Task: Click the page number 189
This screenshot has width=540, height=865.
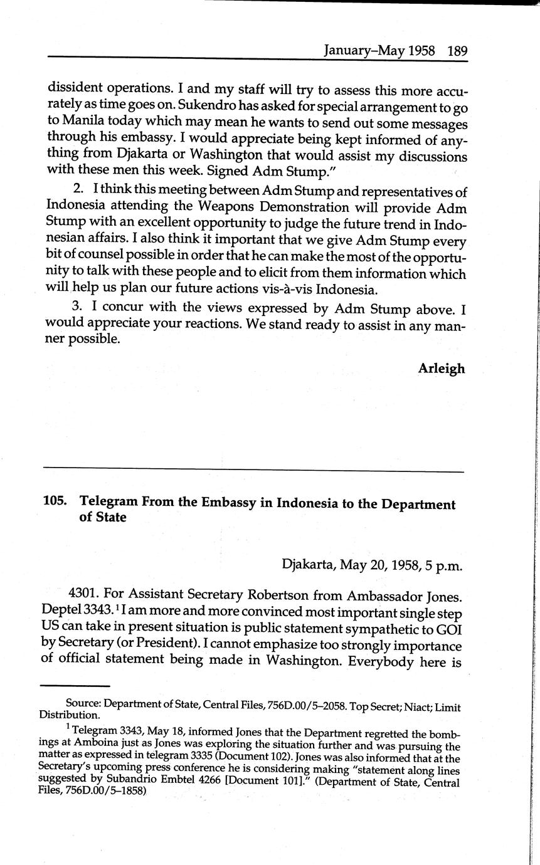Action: point(457,51)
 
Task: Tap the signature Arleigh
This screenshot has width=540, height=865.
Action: point(442,369)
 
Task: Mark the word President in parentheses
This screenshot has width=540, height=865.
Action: point(229,646)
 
